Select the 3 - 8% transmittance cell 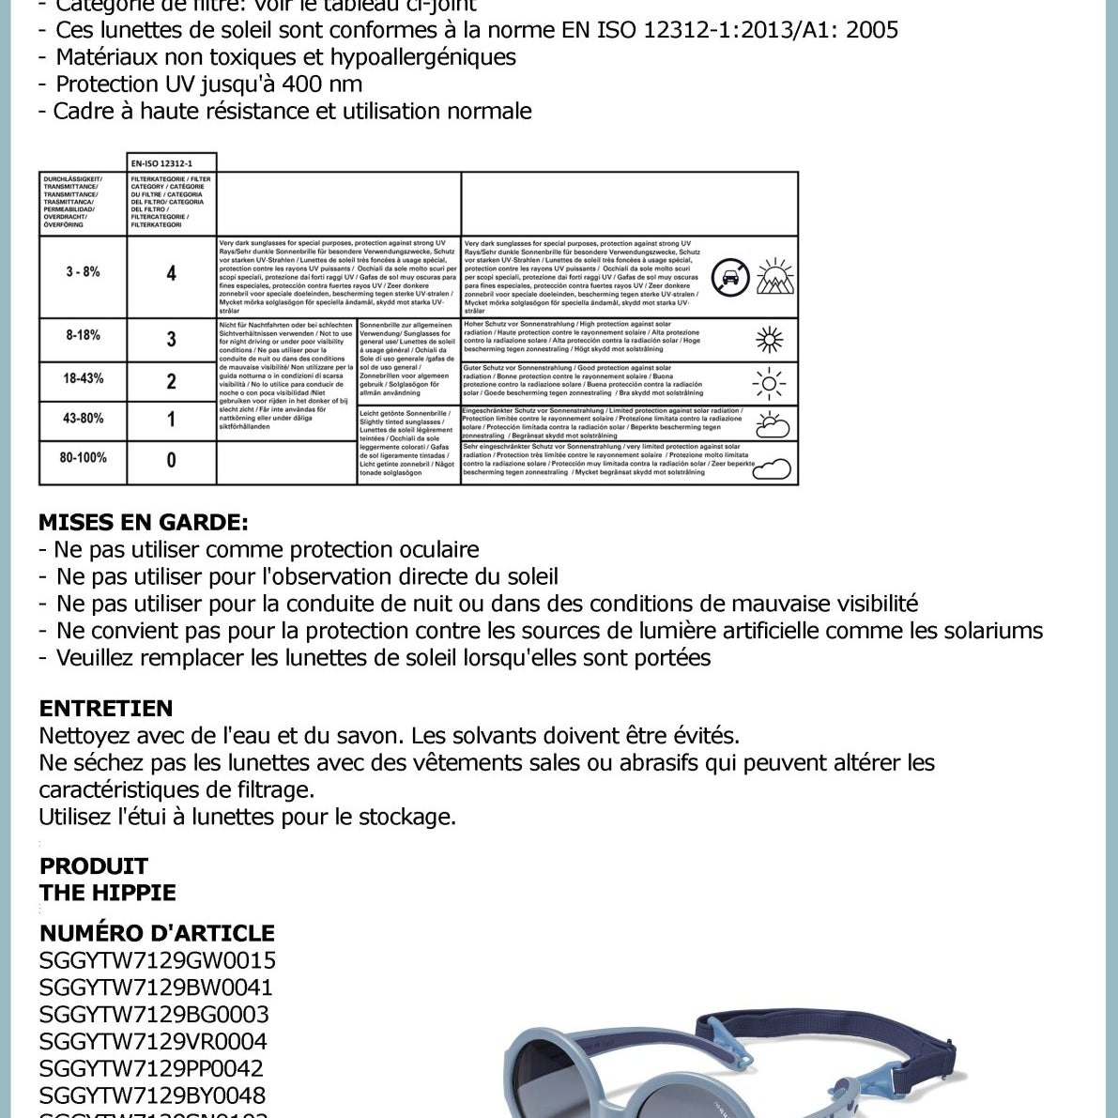click(83, 272)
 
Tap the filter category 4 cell click(171, 274)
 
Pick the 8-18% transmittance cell click(83, 335)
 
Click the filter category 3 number click(171, 339)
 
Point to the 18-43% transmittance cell click(83, 378)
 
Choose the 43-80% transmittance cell click(83, 419)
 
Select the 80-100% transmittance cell click(83, 458)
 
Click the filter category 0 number click(171, 461)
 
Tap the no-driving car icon click(730, 278)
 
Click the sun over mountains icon click(775, 276)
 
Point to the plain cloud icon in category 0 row click(772, 467)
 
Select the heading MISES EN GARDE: click(144, 523)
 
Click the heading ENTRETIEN click(106, 709)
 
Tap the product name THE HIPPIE click(108, 893)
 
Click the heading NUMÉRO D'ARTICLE click(157, 933)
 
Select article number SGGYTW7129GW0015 click(158, 960)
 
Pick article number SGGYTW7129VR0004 click(153, 1041)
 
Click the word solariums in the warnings click(989, 631)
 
